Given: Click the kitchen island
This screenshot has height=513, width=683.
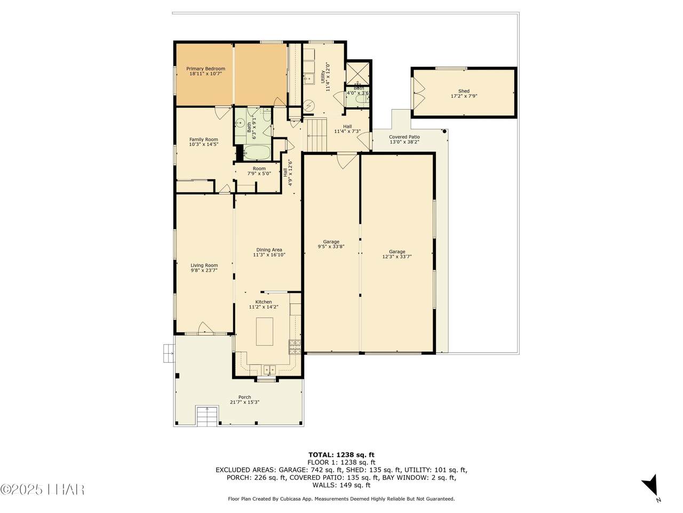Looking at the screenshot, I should pos(265,331).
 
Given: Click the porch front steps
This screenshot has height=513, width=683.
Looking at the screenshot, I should pos(207,416).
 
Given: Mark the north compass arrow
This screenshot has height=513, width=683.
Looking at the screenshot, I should pos(651,487).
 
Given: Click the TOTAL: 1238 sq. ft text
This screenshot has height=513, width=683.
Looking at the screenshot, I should pos(341,455).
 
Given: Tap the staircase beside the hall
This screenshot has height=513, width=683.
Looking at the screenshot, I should pos(316,136).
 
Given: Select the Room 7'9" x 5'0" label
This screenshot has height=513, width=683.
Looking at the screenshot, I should pos(259,171).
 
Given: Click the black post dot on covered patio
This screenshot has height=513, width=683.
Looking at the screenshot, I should pos(444,131).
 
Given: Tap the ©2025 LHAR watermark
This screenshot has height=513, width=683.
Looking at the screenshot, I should pos(43,489).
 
